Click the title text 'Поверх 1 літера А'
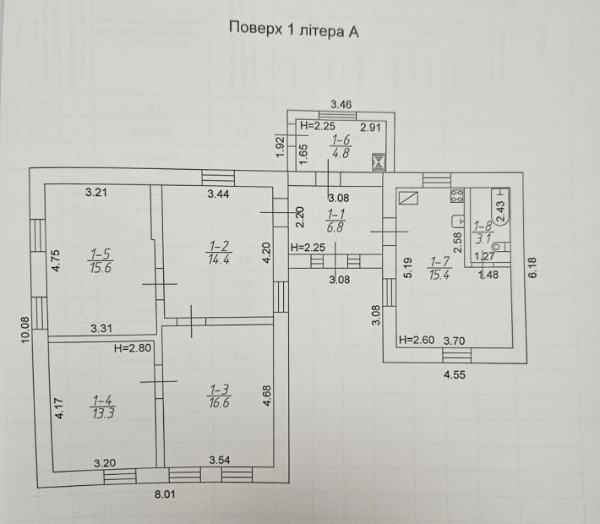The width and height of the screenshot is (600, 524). tap(295, 31)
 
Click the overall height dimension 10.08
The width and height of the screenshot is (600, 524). tap(25, 329)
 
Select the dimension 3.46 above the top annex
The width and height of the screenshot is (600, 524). tap(341, 104)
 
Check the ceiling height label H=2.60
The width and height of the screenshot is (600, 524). tap(415, 340)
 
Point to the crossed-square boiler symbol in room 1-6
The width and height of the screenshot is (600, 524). tap(378, 161)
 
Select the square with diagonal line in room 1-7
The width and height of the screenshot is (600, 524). tap(408, 198)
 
